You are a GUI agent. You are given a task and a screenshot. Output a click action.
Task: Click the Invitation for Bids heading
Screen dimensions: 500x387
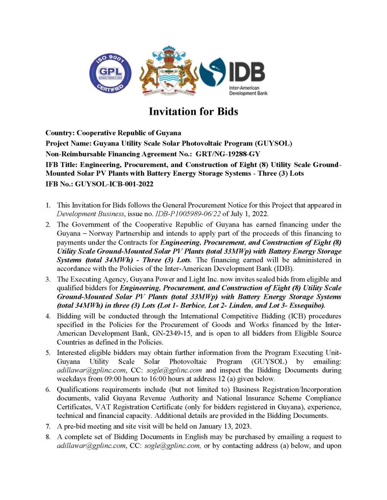coord(193,112)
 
